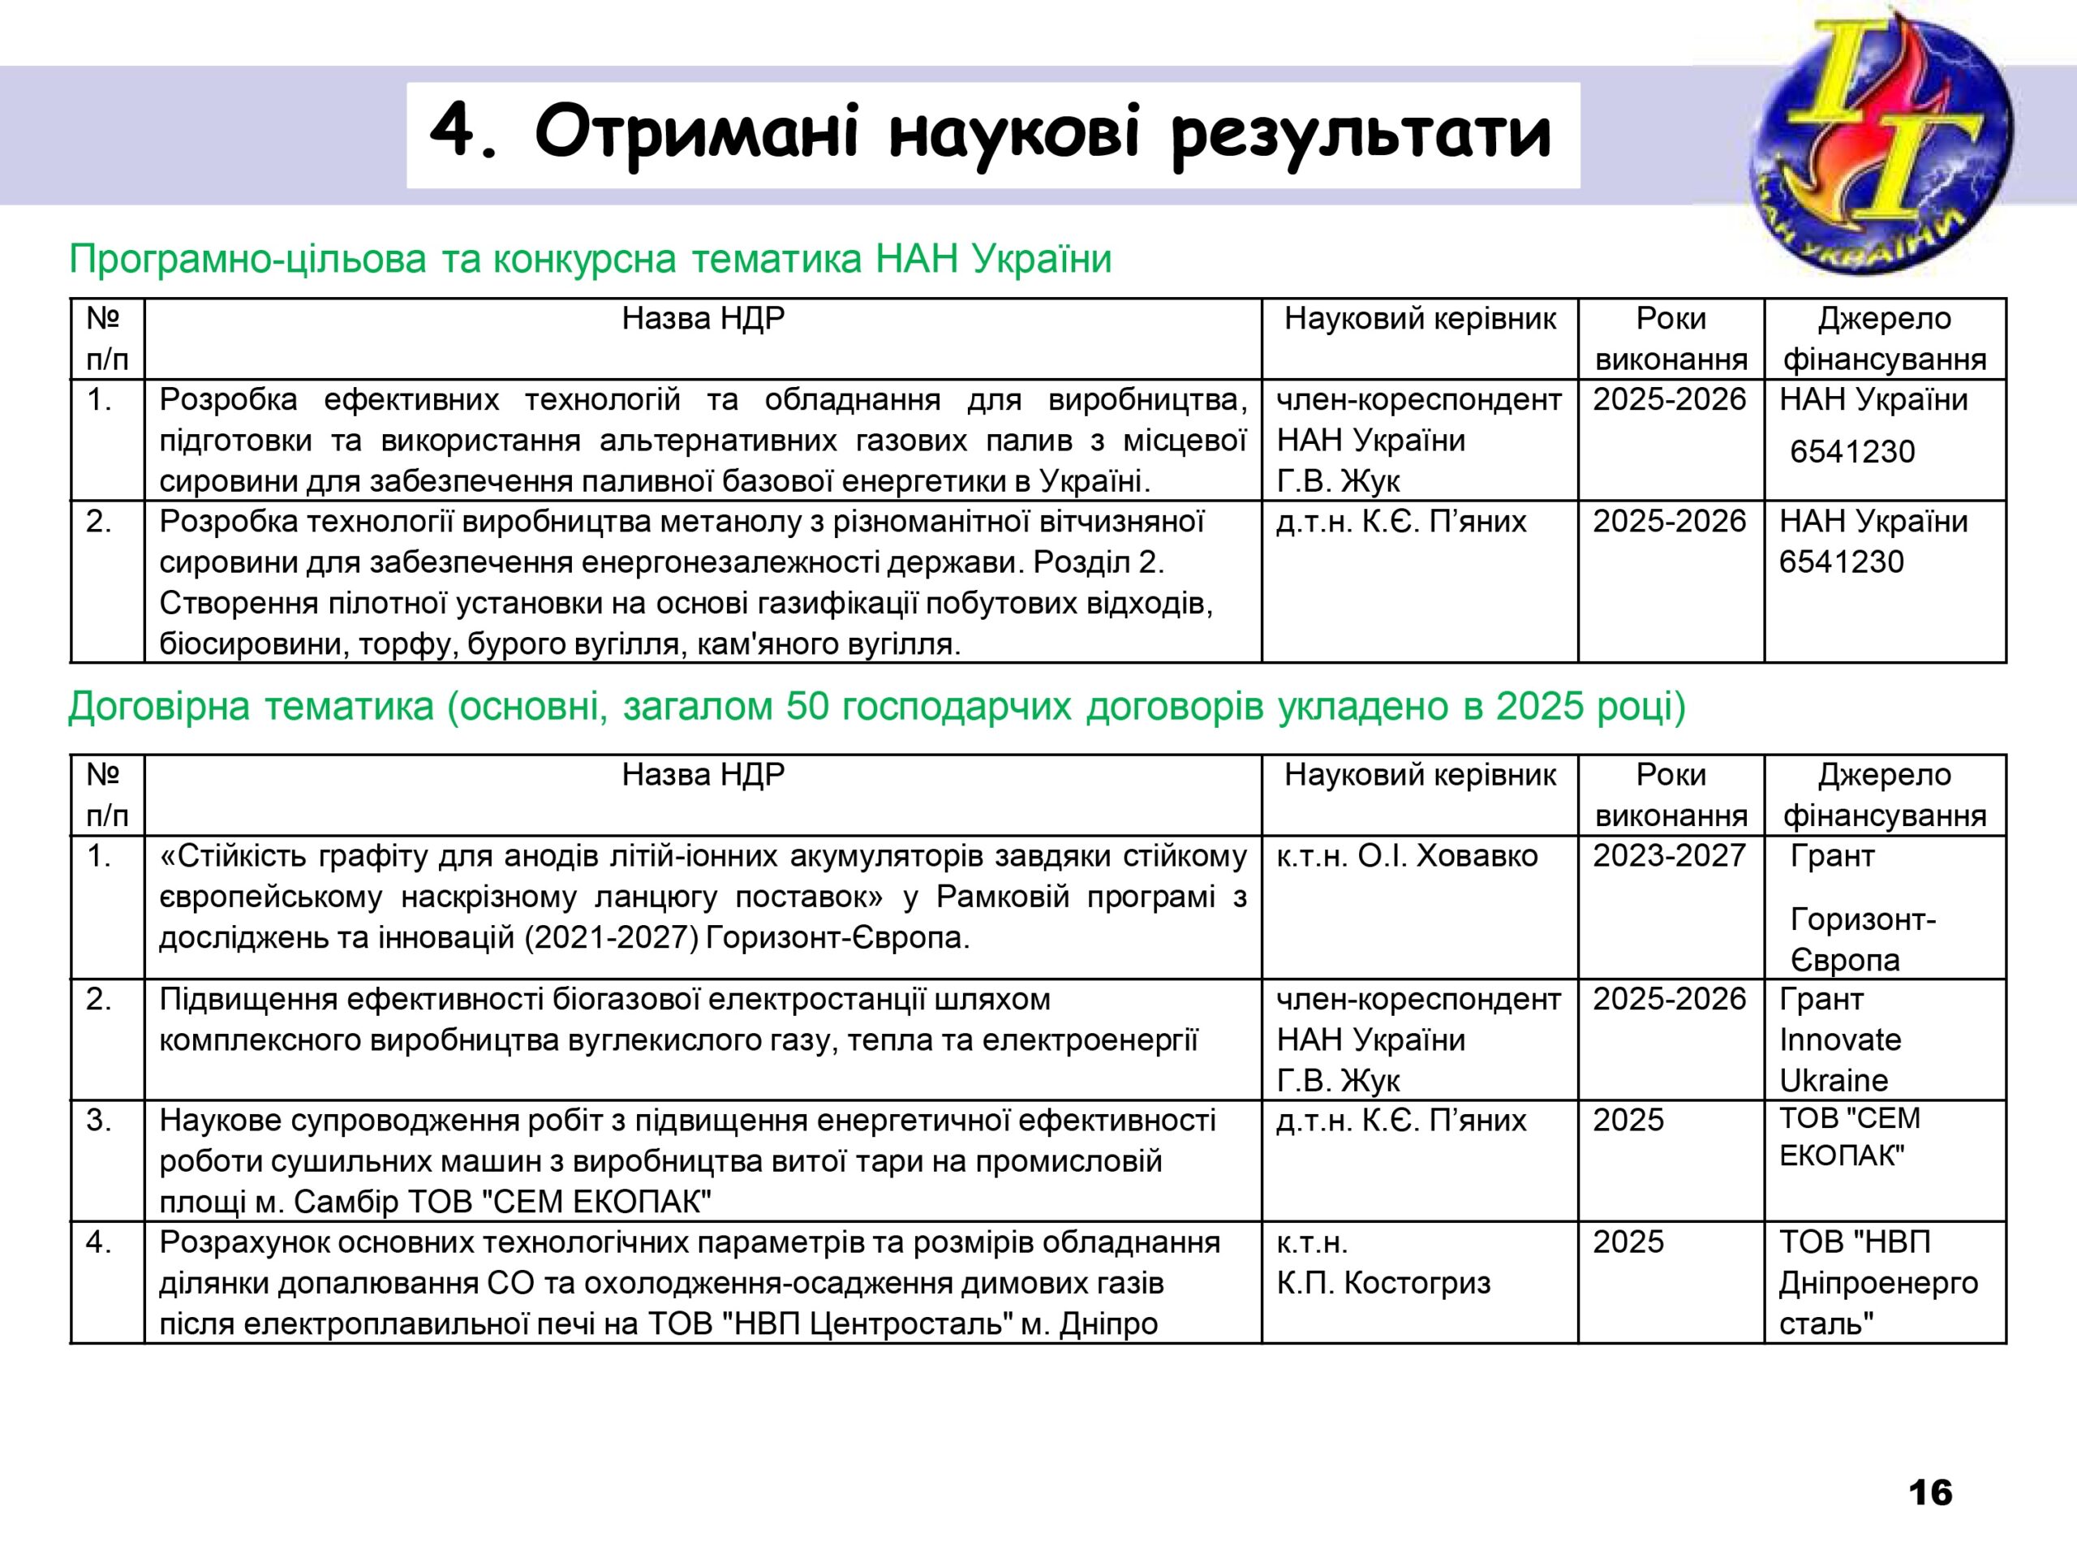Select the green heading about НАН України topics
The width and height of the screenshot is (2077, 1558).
[591, 258]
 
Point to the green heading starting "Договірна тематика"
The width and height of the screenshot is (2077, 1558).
[877, 706]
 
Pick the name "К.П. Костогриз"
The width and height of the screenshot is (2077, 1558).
[1383, 1282]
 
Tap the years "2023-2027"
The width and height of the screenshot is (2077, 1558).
[1669, 855]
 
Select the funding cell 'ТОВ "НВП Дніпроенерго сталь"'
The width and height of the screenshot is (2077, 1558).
[1878, 1282]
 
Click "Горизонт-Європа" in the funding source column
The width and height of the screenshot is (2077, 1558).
[1863, 939]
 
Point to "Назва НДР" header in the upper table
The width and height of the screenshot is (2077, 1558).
[703, 319]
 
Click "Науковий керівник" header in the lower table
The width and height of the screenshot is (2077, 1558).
[1420, 775]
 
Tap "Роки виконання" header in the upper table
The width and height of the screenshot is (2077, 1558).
[1671, 339]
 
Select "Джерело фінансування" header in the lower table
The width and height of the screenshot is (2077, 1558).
[1884, 794]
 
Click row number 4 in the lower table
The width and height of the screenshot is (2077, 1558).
[99, 1242]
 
